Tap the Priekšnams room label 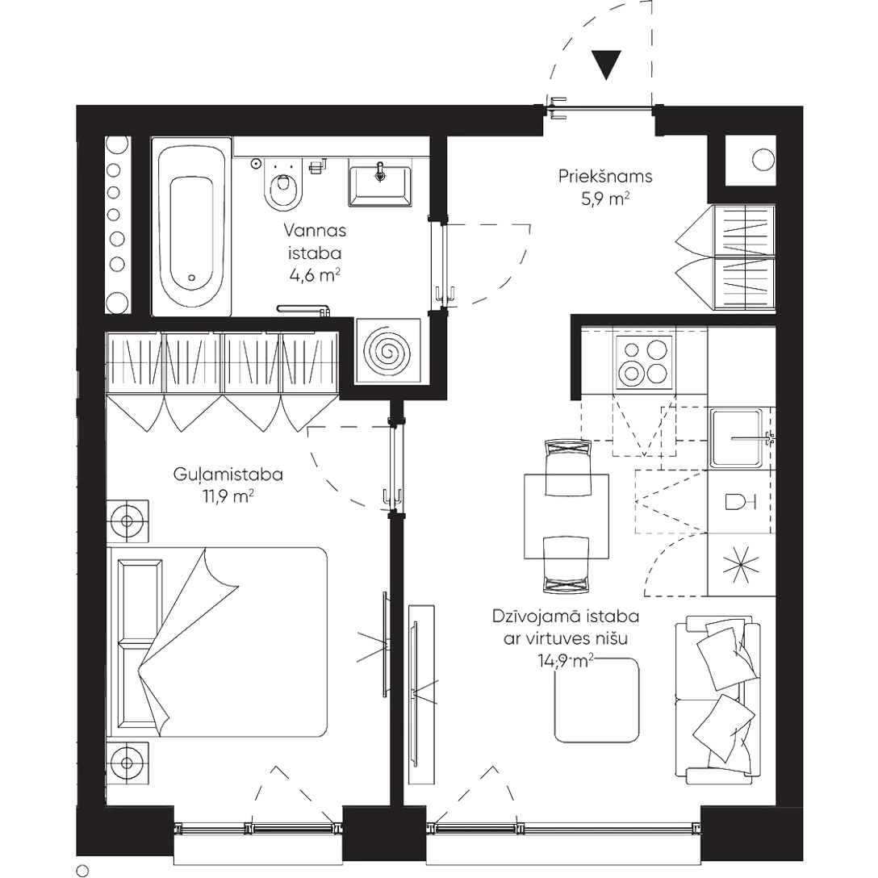pos(604,177)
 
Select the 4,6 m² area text pos(313,275)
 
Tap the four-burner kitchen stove pos(646,362)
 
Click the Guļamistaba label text pos(228,475)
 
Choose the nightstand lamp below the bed pos(128,762)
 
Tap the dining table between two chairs pos(567,516)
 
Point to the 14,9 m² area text pos(566,662)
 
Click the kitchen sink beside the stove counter pos(741,437)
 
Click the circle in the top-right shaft pos(760,161)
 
